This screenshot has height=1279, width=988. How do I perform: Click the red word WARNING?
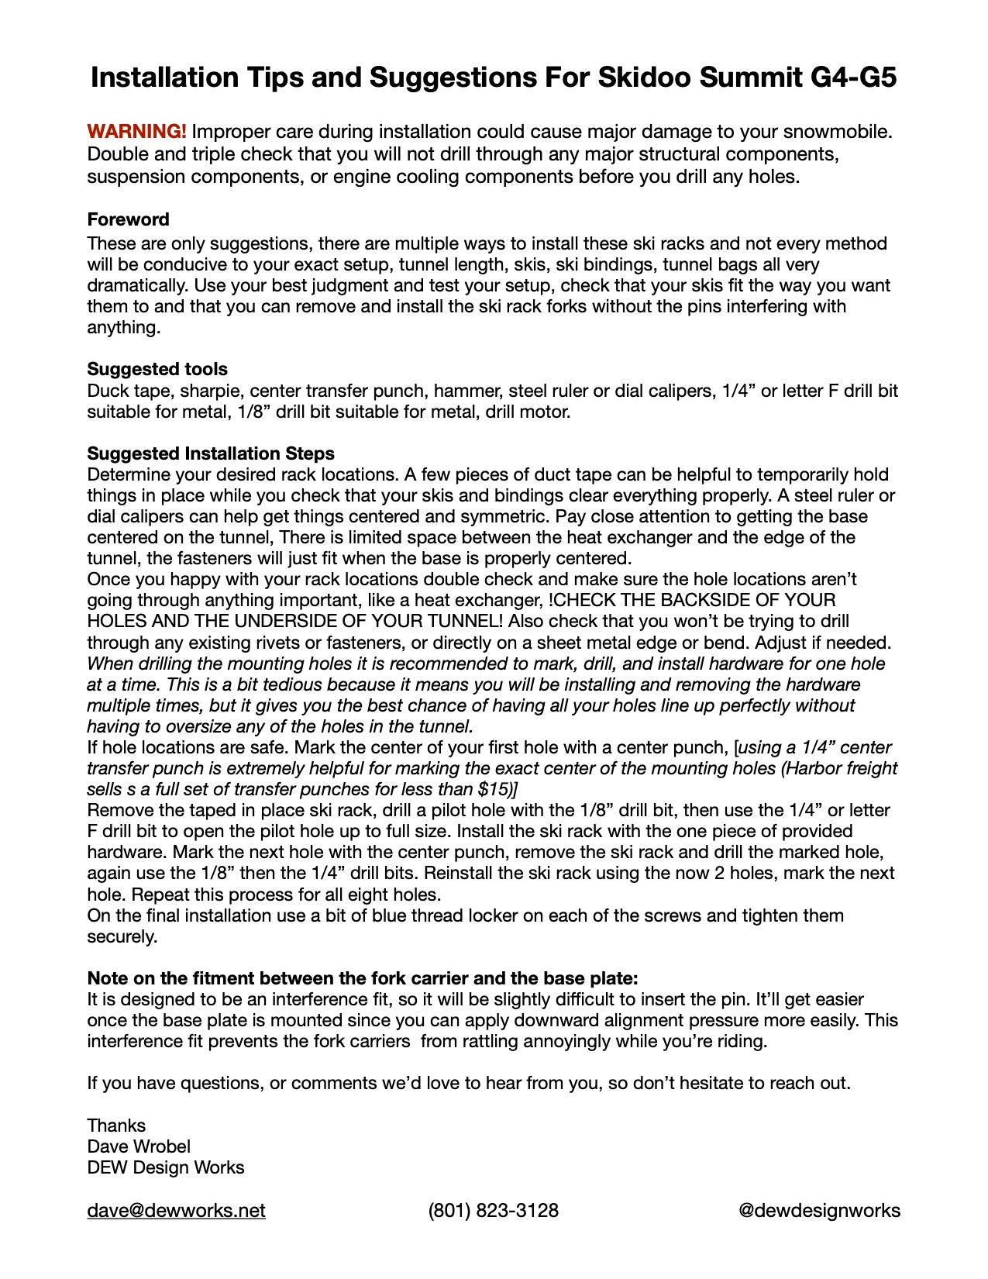(x=136, y=132)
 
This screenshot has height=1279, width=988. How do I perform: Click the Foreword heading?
(x=128, y=219)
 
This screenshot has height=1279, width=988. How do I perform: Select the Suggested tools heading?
(x=157, y=369)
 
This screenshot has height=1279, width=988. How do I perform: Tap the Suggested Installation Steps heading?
(x=211, y=453)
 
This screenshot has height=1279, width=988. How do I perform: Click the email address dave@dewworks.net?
(x=176, y=1211)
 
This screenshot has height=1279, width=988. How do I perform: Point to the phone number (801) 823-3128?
(x=493, y=1211)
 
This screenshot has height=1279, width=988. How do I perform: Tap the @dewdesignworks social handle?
(x=819, y=1211)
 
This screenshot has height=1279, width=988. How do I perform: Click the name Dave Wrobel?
(x=139, y=1146)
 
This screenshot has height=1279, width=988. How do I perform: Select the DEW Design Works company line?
(x=165, y=1167)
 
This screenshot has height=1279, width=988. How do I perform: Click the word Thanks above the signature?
(x=116, y=1126)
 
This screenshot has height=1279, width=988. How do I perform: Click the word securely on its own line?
(x=122, y=936)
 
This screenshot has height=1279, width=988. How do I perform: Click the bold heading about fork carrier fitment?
(x=362, y=978)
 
